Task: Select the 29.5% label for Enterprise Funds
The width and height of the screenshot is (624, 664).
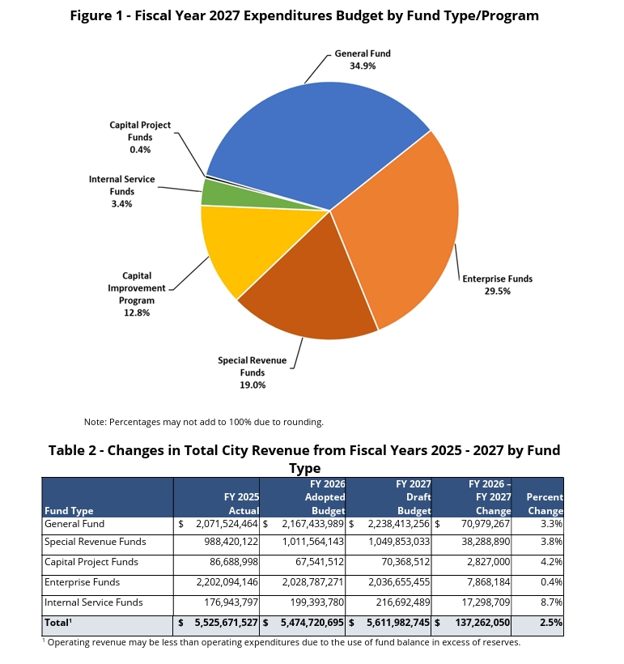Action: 497,291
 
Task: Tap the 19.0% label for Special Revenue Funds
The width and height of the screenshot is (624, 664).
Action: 252,385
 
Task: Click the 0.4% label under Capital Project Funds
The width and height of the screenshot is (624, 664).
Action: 140,150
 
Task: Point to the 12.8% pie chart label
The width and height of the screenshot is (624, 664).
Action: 136,313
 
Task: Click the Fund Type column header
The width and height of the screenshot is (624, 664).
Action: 69,511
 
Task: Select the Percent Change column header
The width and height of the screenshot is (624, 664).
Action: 545,504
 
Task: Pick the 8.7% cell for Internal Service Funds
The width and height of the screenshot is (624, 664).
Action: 551,602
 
